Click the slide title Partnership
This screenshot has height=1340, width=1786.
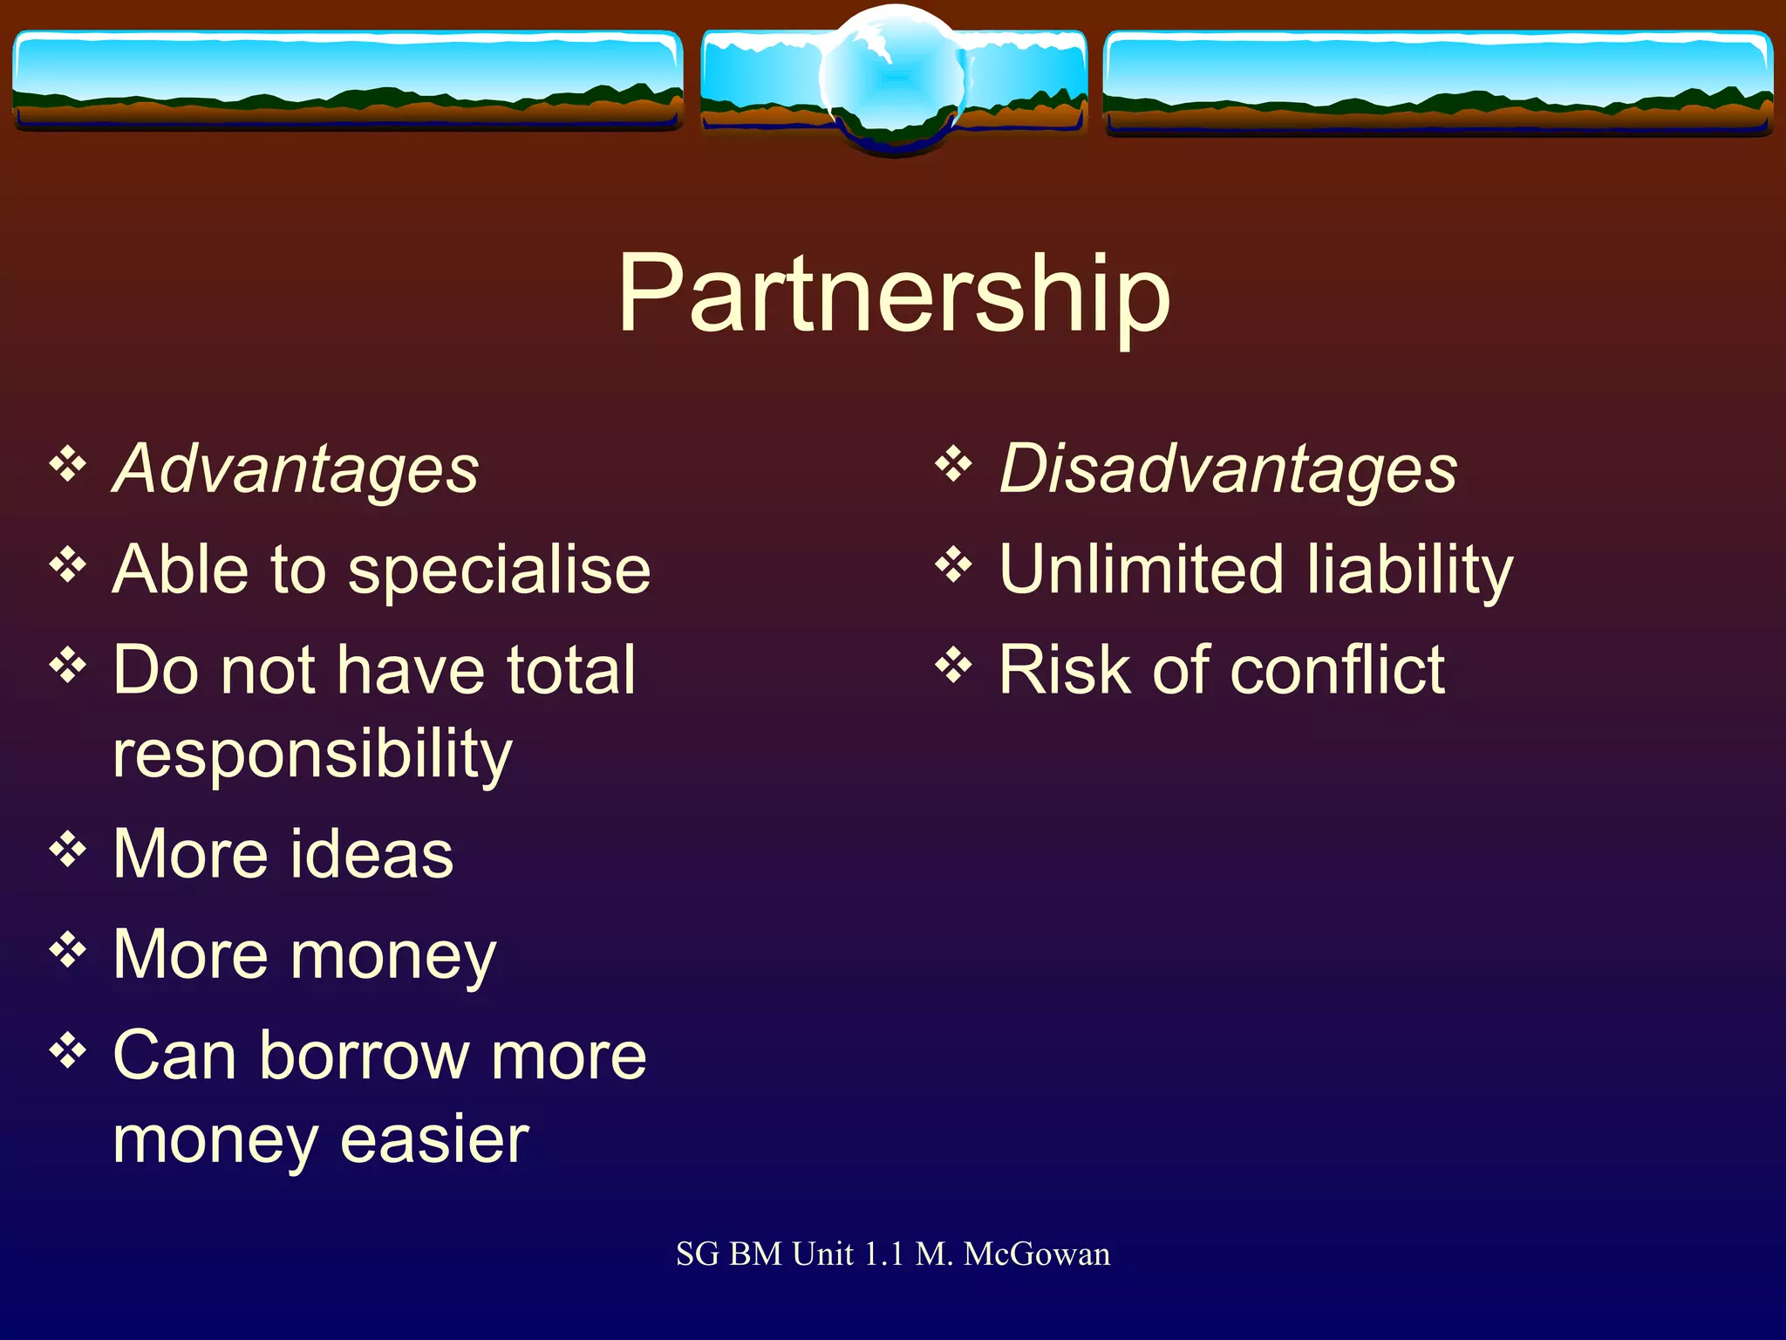[894, 295]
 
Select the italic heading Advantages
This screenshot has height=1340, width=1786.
[296, 469]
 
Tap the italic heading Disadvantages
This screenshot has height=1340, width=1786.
[1228, 469]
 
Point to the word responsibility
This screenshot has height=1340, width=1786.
[312, 755]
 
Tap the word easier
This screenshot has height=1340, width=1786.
[434, 1139]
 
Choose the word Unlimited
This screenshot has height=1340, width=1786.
[1141, 570]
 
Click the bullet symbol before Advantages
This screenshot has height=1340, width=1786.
[68, 464]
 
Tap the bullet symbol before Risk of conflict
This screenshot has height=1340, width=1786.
[953, 667]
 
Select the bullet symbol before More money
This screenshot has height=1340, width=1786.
[68, 950]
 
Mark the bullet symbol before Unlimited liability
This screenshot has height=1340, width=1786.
[953, 565]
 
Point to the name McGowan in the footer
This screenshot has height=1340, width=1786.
[1037, 1255]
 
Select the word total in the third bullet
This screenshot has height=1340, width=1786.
[571, 670]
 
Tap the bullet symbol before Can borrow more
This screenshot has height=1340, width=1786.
[68, 1051]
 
